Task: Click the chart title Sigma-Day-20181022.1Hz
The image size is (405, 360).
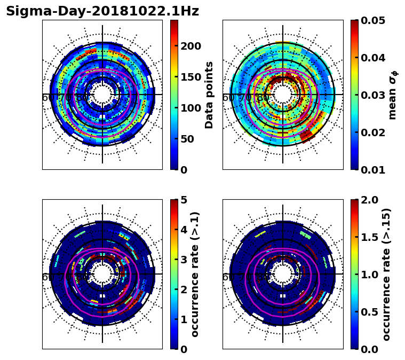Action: click(102, 11)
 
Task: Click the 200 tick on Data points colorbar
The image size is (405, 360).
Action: click(190, 46)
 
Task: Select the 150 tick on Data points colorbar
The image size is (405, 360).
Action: click(190, 77)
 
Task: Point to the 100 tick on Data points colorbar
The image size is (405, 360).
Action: click(190, 108)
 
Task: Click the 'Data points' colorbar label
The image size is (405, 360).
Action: click(209, 95)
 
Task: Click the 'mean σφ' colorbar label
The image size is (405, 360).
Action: click(393, 95)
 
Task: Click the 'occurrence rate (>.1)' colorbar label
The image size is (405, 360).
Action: click(195, 274)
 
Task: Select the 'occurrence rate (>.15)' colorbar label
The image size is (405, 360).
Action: click(386, 274)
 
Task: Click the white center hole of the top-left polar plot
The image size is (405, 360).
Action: click(102, 94)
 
